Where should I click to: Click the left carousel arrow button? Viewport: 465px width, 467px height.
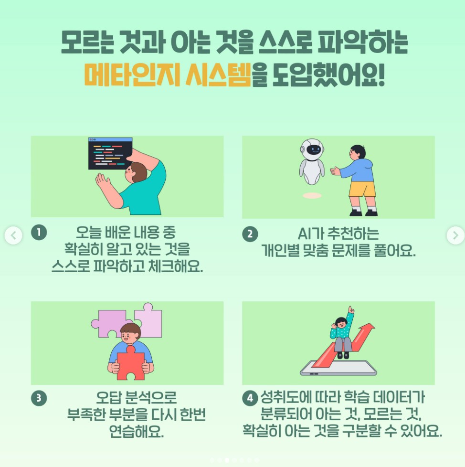(x=13, y=235)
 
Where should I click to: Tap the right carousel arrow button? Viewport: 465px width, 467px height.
(x=455, y=235)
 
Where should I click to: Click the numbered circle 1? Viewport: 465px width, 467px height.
(x=39, y=233)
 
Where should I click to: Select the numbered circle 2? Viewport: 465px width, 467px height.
(x=250, y=234)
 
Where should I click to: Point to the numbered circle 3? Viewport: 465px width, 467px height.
(x=39, y=398)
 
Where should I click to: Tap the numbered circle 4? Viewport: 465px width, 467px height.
(x=250, y=398)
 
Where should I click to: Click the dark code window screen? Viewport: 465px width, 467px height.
(x=110, y=154)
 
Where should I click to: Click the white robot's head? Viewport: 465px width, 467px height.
(x=312, y=149)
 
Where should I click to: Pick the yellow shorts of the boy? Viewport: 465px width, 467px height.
(x=362, y=189)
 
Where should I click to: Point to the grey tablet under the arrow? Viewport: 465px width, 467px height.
(x=338, y=368)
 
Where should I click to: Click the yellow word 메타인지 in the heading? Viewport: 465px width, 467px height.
(x=132, y=74)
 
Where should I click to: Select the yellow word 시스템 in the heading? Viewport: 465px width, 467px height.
(x=218, y=74)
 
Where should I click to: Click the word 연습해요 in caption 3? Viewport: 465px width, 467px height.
(x=137, y=431)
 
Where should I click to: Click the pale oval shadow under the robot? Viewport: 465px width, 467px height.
(x=312, y=196)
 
